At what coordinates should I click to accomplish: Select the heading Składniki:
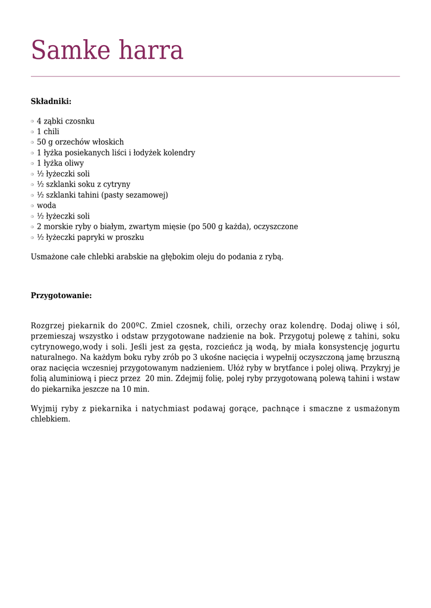(x=51, y=102)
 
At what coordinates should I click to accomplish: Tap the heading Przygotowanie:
(x=61, y=296)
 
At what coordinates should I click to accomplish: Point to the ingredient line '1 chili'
(x=48, y=132)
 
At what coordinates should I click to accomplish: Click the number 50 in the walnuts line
(x=42, y=142)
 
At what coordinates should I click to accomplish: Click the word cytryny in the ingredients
(x=116, y=185)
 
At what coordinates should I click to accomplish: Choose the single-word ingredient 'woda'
(x=46, y=205)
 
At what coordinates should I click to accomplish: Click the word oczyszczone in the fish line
(x=276, y=227)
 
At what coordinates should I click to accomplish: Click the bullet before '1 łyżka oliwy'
(x=33, y=163)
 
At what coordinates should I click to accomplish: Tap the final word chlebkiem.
(x=51, y=419)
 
